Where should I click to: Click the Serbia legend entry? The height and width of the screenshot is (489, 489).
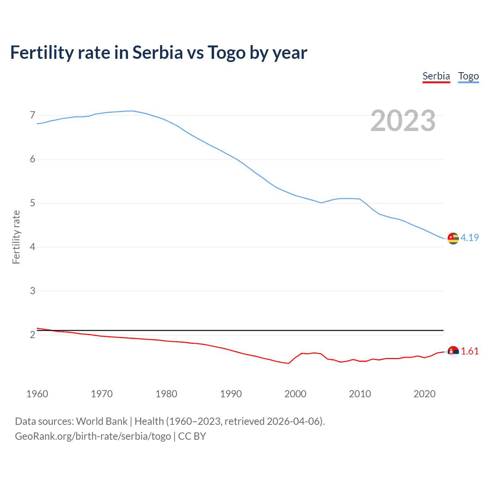point(436,76)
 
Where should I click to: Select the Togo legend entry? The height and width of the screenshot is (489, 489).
point(468,76)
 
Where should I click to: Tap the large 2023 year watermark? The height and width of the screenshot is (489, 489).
point(403,121)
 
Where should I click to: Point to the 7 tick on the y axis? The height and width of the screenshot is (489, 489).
point(32,115)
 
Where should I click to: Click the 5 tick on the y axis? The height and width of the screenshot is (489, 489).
point(32,203)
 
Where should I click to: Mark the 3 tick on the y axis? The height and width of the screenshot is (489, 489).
point(32,291)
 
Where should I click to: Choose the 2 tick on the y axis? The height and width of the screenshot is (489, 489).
point(32,335)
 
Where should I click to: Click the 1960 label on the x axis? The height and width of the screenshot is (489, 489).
point(37,394)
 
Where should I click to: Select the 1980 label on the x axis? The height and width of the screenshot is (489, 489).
point(166,394)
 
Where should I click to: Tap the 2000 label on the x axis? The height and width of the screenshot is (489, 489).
point(295,394)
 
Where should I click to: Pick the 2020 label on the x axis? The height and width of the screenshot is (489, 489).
point(424,394)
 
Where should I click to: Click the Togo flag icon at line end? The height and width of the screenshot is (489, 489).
point(453,238)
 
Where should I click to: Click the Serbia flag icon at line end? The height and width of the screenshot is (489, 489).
point(453,351)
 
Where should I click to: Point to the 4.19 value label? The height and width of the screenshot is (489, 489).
point(470,238)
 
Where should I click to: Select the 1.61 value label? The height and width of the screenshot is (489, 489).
point(470,351)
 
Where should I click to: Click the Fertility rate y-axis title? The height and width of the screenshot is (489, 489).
point(16,237)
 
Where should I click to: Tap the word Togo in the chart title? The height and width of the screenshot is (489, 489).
point(227,52)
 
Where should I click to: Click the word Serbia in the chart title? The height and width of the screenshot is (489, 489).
point(158,52)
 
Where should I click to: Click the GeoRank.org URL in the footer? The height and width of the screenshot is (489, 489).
point(93,436)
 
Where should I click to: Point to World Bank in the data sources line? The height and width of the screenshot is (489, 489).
point(102,421)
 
